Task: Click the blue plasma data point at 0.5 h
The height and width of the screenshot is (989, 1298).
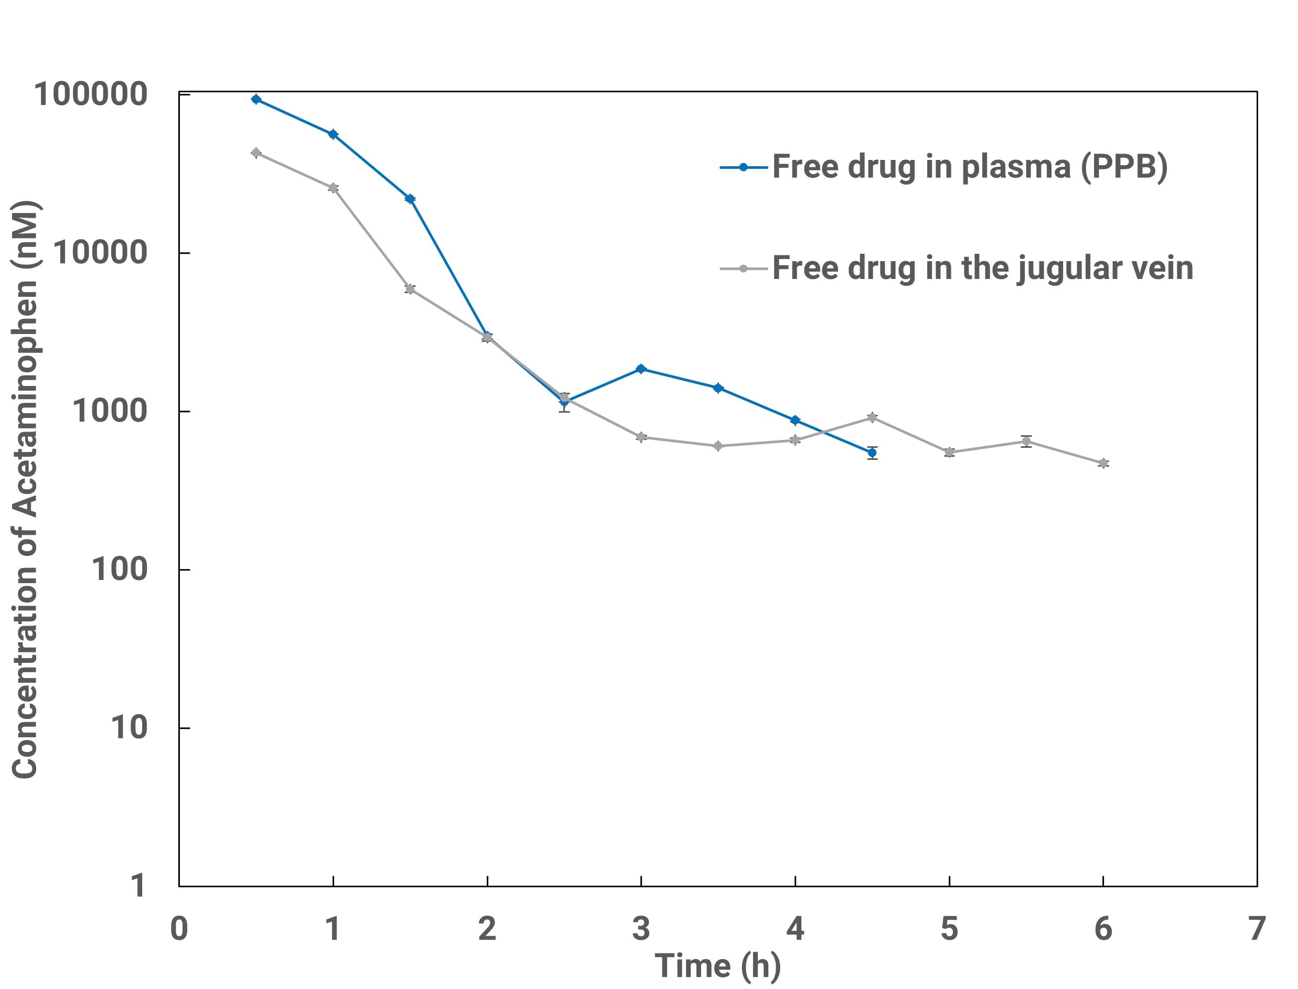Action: tap(256, 99)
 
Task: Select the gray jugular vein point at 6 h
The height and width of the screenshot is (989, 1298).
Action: tap(1103, 464)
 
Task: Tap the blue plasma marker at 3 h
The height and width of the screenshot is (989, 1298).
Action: tap(641, 369)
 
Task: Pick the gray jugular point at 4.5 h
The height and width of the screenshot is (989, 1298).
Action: tap(872, 417)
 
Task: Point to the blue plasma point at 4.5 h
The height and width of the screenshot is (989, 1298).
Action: tap(872, 453)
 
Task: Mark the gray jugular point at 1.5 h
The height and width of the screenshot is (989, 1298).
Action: tap(410, 288)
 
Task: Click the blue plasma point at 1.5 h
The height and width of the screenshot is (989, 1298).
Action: tap(410, 199)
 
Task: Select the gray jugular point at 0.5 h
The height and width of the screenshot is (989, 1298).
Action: tap(256, 153)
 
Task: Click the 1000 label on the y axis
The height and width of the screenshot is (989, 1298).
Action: tap(110, 411)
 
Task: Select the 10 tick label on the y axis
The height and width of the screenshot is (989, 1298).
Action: tap(128, 728)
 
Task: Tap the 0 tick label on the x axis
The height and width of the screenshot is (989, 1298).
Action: tap(179, 929)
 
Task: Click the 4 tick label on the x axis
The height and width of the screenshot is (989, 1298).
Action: tap(795, 929)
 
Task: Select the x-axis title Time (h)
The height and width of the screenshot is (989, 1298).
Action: tap(717, 965)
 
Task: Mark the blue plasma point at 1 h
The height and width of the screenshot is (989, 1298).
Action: tap(333, 134)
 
